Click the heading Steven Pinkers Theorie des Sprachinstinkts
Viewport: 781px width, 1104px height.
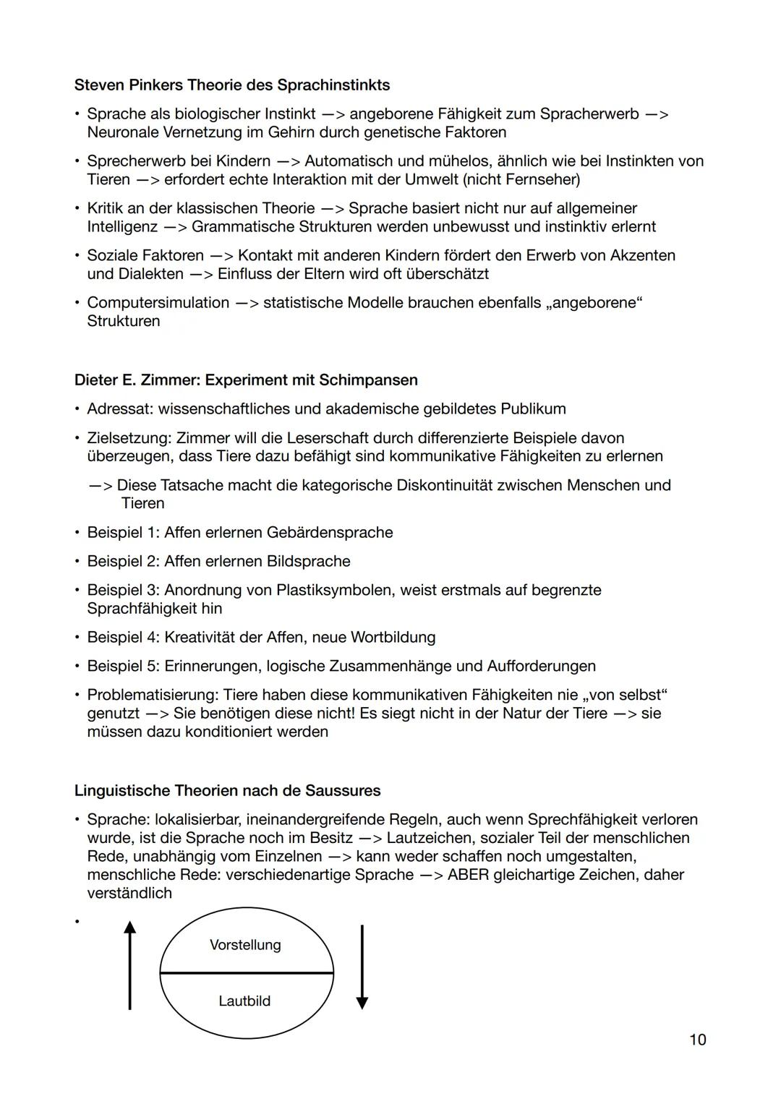231,85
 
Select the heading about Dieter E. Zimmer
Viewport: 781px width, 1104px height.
246,380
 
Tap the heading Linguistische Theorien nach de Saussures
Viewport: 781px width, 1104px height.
227,790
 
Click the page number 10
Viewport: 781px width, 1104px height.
697,1040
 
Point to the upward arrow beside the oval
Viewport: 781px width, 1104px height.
129,965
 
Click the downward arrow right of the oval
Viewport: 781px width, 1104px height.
362,967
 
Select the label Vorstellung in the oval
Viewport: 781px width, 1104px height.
245,945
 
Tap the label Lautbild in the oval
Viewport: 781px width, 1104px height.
244,1001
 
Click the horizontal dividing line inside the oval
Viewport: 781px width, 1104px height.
246,973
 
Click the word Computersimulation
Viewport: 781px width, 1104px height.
158,303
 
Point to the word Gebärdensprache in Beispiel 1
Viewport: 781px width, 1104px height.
330,533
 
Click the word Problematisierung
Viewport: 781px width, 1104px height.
152,696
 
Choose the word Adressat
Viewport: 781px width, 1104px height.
119,409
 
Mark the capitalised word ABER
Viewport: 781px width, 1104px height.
468,875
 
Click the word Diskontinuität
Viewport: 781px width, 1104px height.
490,485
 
